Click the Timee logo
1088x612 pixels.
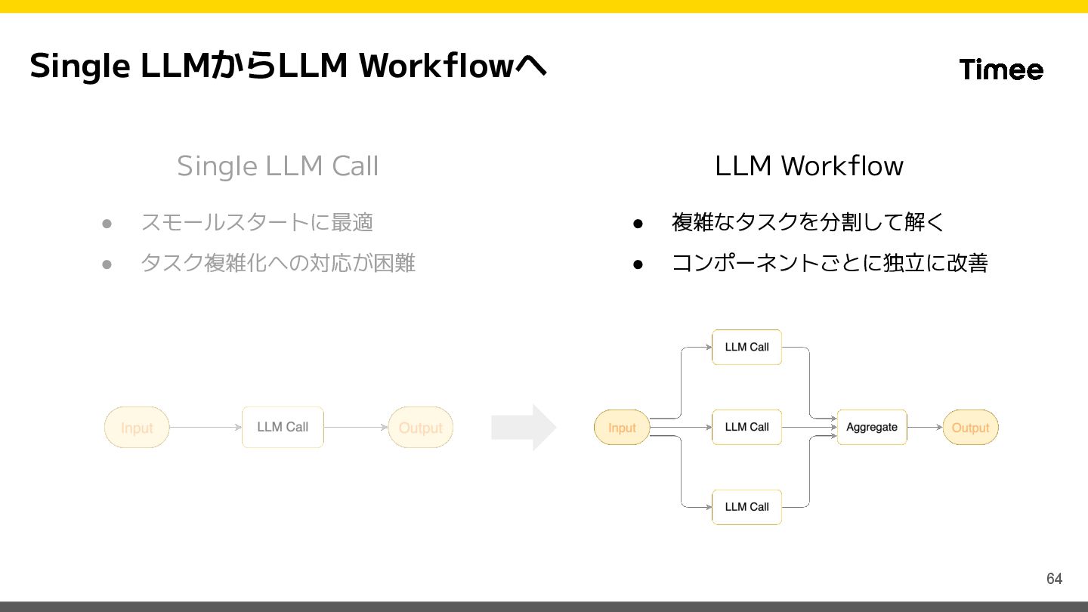[x=1001, y=69]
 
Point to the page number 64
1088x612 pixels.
[x=1054, y=579]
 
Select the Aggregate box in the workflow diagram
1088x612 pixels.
[x=872, y=427]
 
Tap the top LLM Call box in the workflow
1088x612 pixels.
[x=746, y=347]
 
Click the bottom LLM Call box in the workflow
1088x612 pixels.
[x=746, y=507]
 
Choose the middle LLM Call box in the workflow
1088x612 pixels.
[x=746, y=427]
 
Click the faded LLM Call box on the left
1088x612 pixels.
[x=283, y=427]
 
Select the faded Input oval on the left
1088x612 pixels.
[x=137, y=428]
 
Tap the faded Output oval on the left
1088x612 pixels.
[x=421, y=428]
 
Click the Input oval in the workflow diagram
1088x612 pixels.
[x=622, y=428]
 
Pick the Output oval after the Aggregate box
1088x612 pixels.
[x=970, y=428]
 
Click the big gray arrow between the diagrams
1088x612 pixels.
[x=524, y=428]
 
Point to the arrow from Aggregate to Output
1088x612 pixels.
[x=925, y=428]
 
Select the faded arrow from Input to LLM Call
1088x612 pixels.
[x=206, y=428]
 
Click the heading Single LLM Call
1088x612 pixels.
[x=278, y=166]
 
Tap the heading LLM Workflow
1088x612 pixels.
[x=809, y=165]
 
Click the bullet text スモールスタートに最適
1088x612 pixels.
[x=257, y=222]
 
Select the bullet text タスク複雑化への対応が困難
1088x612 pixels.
[x=278, y=263]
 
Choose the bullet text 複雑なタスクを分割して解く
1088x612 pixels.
[x=808, y=222]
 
